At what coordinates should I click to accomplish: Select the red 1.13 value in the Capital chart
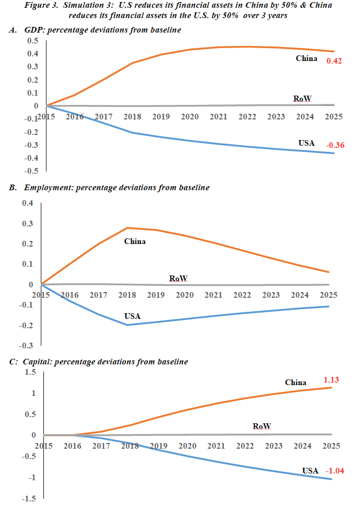click(332, 380)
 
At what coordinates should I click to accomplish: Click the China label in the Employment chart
click(135, 241)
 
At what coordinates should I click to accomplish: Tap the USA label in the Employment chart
click(133, 316)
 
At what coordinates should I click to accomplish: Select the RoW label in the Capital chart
click(262, 426)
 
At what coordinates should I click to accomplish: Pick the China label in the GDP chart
click(306, 58)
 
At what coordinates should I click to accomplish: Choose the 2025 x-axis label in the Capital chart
click(331, 446)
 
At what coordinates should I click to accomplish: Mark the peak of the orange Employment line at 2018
click(128, 228)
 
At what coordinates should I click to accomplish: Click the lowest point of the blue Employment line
click(128, 325)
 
